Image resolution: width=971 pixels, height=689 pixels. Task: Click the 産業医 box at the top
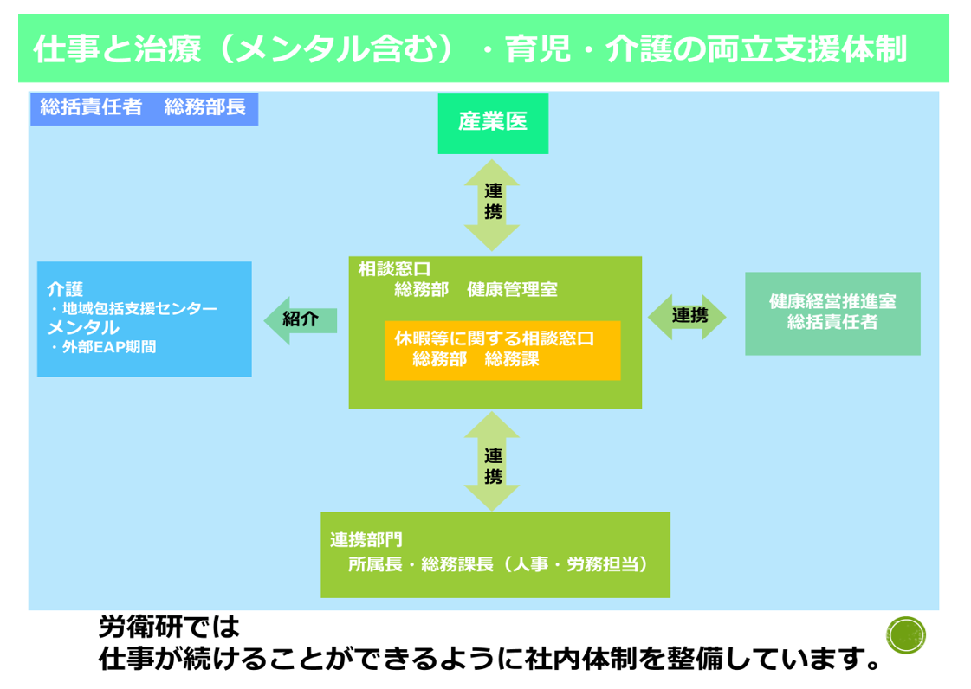coord(492,123)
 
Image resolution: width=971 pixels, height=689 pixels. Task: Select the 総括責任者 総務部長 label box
coord(144,109)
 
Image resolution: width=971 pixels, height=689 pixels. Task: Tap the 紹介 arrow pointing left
coord(300,319)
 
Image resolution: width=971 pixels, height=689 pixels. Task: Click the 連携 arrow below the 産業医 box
coord(492,204)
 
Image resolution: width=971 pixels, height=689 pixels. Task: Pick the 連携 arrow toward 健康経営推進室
coord(688,316)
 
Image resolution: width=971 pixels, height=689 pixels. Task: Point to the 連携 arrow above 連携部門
coord(492,461)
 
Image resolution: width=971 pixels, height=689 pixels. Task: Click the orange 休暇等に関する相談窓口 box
coord(502,350)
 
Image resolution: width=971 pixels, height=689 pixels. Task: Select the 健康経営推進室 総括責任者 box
coord(832,312)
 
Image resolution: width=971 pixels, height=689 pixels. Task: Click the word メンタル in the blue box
coord(83,328)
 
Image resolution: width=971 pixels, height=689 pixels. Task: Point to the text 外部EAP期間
coord(109,348)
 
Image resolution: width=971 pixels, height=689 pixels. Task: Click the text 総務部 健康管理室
coord(476,290)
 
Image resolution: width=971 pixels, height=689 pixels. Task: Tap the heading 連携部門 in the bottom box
coord(366,540)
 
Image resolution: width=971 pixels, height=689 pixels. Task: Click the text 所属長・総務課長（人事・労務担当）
coord(498,564)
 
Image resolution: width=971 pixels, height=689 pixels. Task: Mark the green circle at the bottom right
coord(907,635)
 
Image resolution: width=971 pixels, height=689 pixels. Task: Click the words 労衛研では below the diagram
coord(168,625)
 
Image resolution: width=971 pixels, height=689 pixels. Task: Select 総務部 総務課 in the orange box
coord(476,359)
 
